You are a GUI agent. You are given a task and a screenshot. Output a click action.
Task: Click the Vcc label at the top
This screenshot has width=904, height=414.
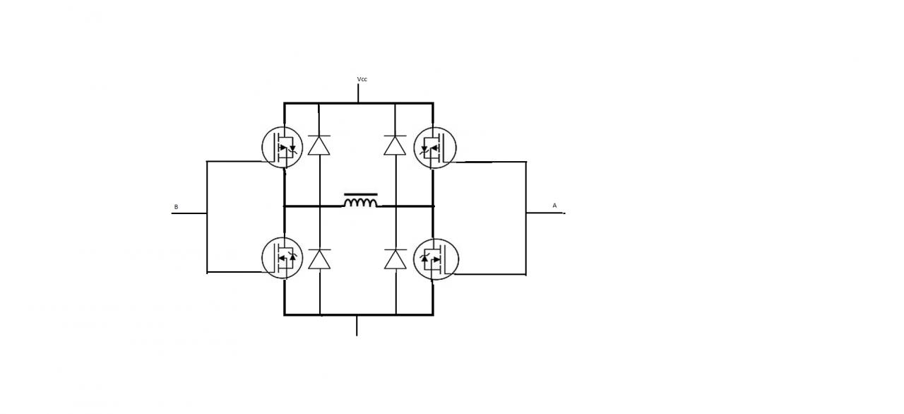(362, 79)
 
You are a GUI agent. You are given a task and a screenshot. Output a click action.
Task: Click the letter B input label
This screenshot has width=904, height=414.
(176, 207)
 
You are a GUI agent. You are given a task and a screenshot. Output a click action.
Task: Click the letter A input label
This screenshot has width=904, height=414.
(554, 206)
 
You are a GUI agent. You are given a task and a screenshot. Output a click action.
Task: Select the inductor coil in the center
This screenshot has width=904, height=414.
(360, 203)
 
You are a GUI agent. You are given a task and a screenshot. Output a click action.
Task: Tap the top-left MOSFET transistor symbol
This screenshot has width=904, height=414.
(282, 148)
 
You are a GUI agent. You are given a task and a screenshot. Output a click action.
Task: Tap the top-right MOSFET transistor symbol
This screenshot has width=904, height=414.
(435, 148)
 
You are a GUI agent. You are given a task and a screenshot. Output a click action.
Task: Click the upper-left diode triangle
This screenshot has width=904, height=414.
(320, 145)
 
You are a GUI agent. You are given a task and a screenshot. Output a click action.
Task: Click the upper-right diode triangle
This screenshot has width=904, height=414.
(395, 145)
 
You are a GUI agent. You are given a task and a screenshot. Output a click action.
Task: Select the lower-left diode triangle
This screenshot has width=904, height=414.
(320, 259)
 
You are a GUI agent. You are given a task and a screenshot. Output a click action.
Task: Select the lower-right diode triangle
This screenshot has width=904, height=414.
(395, 259)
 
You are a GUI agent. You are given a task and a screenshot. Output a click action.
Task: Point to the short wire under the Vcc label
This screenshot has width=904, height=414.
(359, 93)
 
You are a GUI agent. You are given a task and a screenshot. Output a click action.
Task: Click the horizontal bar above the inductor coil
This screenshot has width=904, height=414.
(360, 194)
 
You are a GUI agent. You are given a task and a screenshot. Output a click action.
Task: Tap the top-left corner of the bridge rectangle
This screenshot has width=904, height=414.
(285, 103)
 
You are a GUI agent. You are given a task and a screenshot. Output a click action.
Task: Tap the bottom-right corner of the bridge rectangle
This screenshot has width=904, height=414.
(432, 314)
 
